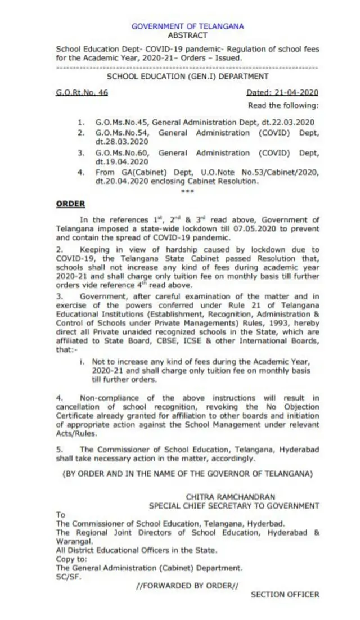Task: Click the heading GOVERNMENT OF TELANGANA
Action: coord(187,26)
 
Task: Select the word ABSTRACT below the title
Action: coord(187,34)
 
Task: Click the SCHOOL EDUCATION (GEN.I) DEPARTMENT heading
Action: coord(187,76)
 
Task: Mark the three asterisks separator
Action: coord(187,191)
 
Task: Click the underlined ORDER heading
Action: coord(70,204)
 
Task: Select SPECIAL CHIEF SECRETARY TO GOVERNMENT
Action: coord(234,506)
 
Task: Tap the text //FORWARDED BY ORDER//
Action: coord(187,586)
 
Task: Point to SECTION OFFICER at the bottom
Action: coord(285,594)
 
